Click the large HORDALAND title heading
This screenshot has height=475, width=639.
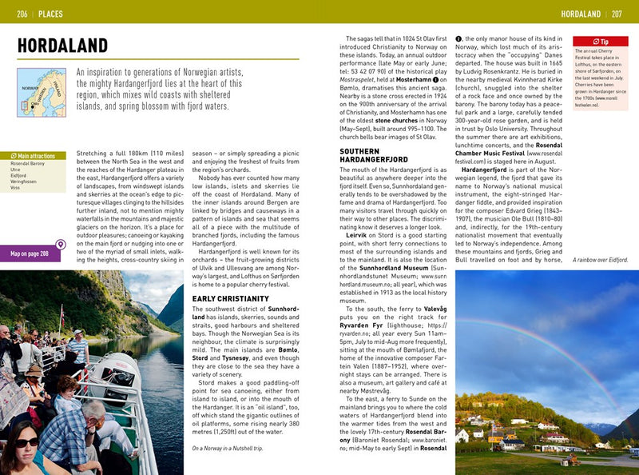tap(62, 45)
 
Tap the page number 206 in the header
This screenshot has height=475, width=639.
tap(22, 14)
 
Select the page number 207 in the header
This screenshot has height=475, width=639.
tap(617, 14)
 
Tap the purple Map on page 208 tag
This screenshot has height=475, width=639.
tap(30, 254)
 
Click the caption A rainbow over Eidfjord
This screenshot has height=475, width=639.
tap(601, 261)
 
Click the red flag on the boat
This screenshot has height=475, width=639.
tap(62, 313)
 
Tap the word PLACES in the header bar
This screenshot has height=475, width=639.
tap(51, 14)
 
